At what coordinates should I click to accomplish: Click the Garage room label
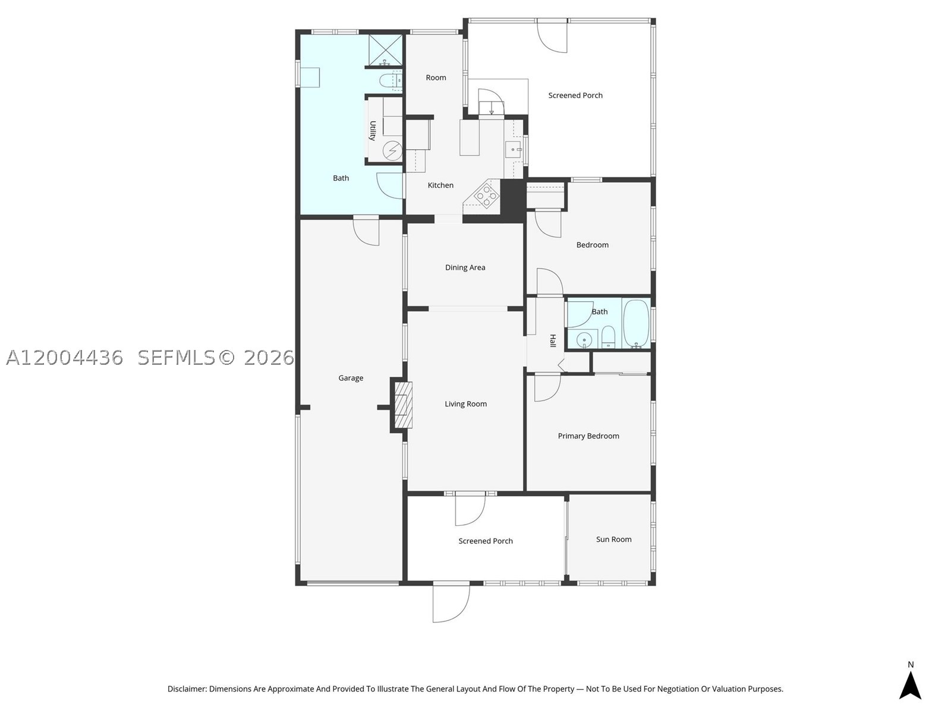tap(351, 378)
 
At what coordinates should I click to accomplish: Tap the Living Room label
tap(466, 404)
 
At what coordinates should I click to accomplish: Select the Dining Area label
tap(465, 267)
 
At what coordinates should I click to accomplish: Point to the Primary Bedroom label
tap(588, 436)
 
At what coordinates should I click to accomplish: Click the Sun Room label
tap(613, 540)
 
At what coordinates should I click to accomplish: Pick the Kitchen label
tap(440, 185)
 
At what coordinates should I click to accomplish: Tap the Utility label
tap(373, 131)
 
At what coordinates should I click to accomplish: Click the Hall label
tap(553, 340)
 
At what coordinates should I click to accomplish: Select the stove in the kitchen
tap(486, 195)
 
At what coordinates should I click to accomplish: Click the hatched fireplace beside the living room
tap(404, 405)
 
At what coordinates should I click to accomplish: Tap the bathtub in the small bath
tap(636, 323)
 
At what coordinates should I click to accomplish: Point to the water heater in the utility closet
tap(392, 151)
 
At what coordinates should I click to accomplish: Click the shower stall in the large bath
tap(386, 51)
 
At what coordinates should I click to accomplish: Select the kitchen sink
tap(514, 150)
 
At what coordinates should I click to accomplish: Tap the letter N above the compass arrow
tap(911, 664)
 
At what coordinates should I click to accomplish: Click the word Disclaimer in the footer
tap(187, 689)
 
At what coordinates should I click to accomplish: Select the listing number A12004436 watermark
tap(65, 358)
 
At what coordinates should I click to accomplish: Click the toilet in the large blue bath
tap(390, 80)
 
